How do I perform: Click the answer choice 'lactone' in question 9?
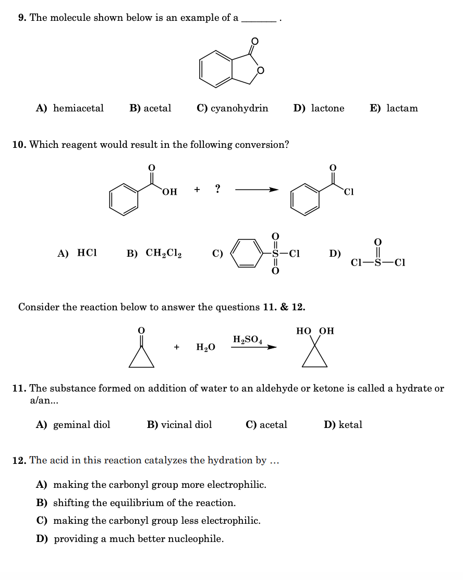(x=327, y=108)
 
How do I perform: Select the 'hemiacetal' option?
(x=78, y=108)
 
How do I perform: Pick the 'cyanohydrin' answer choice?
(x=239, y=108)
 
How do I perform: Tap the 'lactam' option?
(x=402, y=108)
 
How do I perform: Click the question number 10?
(x=19, y=145)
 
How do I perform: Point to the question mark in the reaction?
(x=217, y=188)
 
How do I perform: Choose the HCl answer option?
(x=87, y=253)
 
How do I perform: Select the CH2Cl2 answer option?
(x=164, y=254)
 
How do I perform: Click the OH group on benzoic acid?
(x=170, y=192)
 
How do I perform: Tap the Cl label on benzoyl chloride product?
(x=349, y=192)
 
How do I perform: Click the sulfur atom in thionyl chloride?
(x=378, y=262)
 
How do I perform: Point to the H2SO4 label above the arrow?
(x=247, y=339)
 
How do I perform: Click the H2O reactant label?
(x=205, y=347)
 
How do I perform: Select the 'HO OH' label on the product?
(x=315, y=331)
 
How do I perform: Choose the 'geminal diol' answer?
(x=81, y=425)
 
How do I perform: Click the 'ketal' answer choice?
(x=350, y=425)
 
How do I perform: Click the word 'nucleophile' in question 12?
(x=194, y=539)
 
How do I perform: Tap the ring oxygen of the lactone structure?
(x=261, y=70)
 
